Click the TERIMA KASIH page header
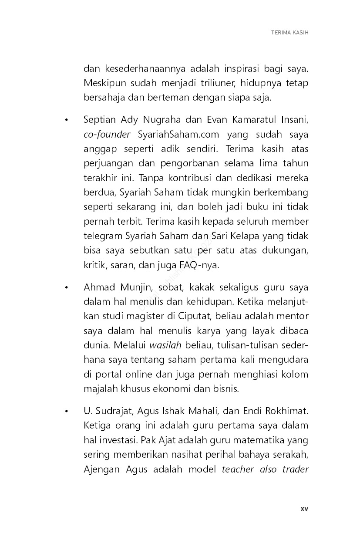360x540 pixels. pos(289,33)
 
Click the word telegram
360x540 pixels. pos(102,236)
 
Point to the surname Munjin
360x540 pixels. pos(134,287)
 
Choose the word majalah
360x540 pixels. pos(99,388)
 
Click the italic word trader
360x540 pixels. pos(295,469)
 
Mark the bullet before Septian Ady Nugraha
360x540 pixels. pos(66,120)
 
